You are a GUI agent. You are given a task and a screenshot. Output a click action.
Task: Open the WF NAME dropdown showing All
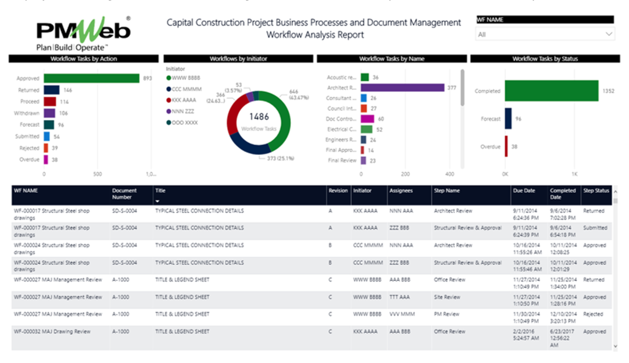point(545,35)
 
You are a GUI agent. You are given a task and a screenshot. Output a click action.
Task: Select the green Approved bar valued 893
point(91,78)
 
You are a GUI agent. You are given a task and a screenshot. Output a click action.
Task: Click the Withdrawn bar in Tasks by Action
point(49,113)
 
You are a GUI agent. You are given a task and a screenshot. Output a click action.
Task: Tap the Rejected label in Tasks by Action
point(29,148)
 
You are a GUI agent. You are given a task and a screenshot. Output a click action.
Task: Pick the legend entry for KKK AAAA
point(181,100)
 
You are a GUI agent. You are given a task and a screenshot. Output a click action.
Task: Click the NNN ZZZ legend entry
point(181,111)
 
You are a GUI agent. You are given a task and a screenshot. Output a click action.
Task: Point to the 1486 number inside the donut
point(259,117)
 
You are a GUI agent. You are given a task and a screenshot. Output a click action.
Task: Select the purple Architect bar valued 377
point(402,88)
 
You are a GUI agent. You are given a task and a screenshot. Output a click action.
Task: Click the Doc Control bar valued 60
point(367,119)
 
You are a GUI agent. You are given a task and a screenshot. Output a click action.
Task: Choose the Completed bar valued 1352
point(551,91)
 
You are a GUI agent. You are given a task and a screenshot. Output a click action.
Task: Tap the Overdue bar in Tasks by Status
point(506,147)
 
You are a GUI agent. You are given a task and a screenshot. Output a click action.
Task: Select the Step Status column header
point(596,191)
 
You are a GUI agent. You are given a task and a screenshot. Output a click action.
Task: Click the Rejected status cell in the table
point(593,314)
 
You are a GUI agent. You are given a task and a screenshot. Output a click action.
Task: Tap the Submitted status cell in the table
point(595,228)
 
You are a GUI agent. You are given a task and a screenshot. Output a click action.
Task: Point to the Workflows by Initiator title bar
point(238,59)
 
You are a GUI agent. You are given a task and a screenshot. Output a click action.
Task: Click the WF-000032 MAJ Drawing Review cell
point(52,331)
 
